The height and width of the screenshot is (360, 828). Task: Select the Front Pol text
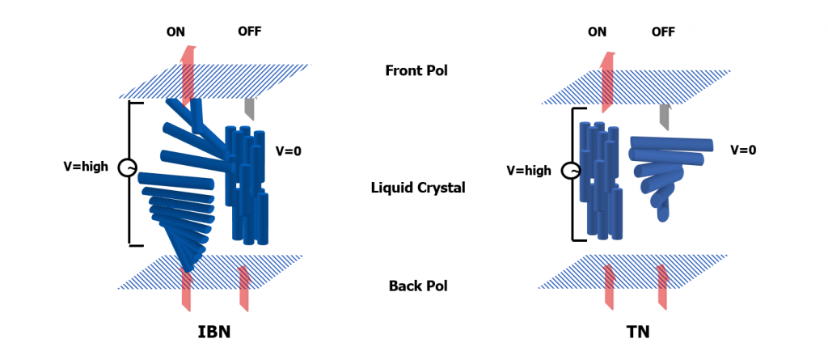pos(416,70)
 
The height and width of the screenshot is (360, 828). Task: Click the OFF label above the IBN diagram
pos(250,32)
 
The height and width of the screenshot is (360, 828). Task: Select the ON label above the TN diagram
pos(597,32)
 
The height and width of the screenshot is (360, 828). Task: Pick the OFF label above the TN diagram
pos(663,32)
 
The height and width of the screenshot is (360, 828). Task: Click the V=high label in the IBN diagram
pos(86,167)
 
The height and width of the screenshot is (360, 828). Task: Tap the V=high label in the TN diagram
pos(529,171)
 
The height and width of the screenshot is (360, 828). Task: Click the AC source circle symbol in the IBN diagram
pos(127,167)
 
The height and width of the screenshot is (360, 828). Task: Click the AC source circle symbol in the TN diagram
pos(571,171)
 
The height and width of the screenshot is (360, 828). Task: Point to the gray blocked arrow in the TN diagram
pos(664,116)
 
